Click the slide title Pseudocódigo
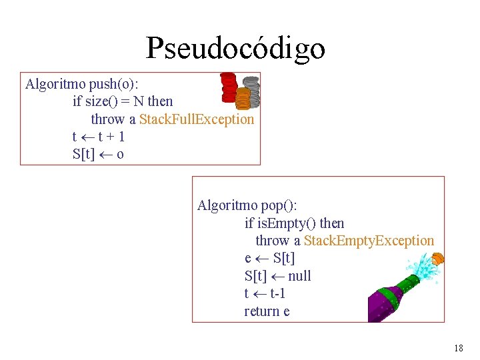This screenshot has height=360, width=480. (235, 48)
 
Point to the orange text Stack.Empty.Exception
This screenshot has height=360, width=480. (369, 241)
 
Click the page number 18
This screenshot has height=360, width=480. (458, 348)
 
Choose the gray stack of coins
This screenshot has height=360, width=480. (251, 91)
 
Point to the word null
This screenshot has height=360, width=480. (299, 276)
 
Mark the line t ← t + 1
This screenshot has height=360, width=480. (98, 137)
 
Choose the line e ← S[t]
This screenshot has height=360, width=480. (269, 258)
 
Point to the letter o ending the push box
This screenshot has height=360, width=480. (120, 154)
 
